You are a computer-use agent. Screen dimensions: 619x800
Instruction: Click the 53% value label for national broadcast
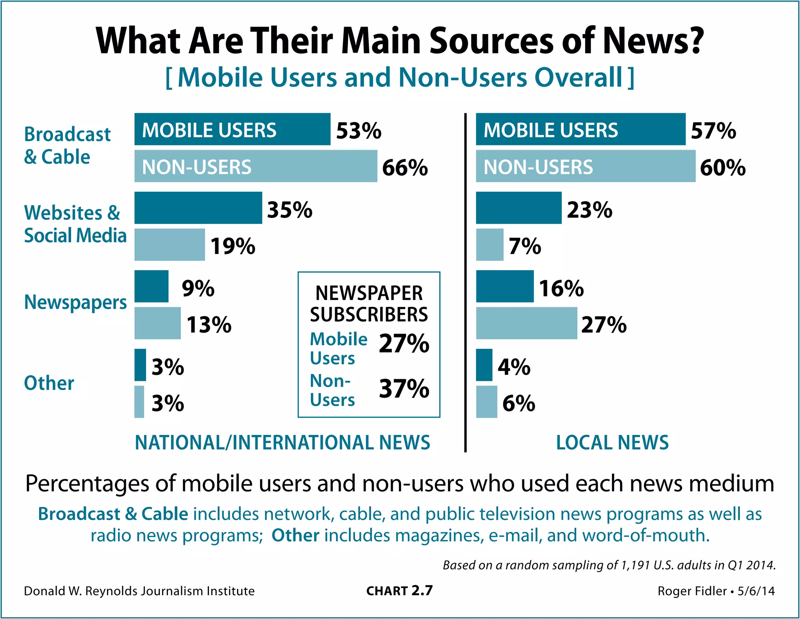tap(359, 130)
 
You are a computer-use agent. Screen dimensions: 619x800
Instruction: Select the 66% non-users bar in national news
tap(256, 166)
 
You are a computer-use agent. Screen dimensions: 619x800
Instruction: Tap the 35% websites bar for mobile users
tap(198, 208)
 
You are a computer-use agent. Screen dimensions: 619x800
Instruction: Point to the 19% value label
tap(233, 246)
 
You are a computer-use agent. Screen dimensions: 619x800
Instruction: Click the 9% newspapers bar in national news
tap(152, 286)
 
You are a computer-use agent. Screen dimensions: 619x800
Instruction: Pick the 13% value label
tap(209, 325)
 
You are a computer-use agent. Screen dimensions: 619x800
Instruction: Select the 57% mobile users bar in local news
tap(580, 130)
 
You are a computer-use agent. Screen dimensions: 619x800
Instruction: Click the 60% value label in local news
tap(723, 168)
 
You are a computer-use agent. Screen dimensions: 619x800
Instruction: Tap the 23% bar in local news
tap(518, 208)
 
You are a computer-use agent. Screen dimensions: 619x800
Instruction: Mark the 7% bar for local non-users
tap(489, 245)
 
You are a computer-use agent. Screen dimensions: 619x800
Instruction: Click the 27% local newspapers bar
tap(526, 323)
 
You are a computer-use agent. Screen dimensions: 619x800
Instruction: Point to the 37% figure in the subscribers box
tap(404, 389)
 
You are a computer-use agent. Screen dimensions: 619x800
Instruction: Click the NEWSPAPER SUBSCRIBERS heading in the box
tap(369, 304)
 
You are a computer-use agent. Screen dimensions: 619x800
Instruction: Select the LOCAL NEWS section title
tap(612, 442)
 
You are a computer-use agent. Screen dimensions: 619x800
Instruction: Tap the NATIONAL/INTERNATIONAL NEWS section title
tap(282, 442)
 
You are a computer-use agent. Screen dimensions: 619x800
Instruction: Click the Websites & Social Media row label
tap(75, 224)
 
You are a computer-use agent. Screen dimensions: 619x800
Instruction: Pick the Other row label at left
tap(49, 383)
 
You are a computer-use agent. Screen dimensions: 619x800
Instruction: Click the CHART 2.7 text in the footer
tap(399, 591)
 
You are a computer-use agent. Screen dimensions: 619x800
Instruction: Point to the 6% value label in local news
tap(518, 403)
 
